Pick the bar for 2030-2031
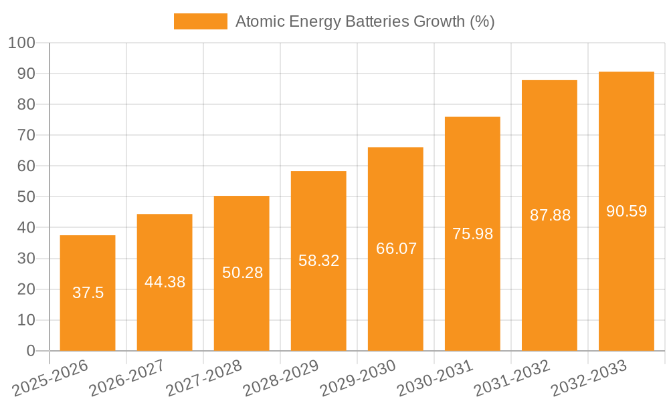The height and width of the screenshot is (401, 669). click(472, 287)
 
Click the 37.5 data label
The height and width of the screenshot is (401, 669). click(88, 293)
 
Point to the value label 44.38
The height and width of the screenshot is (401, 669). click(165, 282)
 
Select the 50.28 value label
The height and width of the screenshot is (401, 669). click(242, 273)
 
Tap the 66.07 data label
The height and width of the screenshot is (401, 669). click(395, 249)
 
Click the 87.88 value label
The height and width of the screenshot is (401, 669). click(549, 215)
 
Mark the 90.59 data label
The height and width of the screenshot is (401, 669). click(626, 211)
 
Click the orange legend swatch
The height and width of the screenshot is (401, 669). click(200, 21)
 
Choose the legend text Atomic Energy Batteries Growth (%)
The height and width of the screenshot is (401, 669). click(365, 21)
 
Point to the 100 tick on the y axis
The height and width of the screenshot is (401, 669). click(21, 43)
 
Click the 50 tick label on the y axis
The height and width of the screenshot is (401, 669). click(26, 196)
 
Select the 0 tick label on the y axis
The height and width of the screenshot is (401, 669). click(31, 351)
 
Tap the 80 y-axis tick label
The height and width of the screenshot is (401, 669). click(26, 104)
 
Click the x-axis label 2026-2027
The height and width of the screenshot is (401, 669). click(128, 378)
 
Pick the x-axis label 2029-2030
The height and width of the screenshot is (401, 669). click(359, 378)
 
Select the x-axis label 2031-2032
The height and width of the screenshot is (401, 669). click(512, 378)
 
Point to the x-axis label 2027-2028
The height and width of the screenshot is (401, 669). click(205, 378)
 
